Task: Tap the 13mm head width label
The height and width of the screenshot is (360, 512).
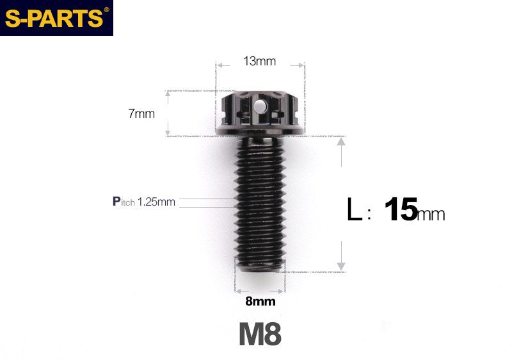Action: pos(259,61)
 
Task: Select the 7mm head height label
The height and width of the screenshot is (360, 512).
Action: pos(141,114)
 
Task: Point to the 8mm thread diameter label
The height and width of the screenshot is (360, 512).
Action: pos(260,301)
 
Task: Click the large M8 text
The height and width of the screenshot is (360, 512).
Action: pos(260,334)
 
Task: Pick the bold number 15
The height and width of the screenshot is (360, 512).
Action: pos(401,209)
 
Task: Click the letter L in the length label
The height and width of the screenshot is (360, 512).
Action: pos(354,210)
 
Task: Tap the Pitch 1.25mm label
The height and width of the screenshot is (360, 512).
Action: pos(144,202)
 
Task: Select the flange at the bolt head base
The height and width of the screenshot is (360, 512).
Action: pos(260,133)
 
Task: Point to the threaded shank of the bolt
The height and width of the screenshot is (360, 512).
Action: pos(260,205)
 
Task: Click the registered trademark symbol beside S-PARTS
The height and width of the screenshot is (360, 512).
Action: pos(106,10)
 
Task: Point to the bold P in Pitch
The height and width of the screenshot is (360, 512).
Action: pos(116,202)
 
